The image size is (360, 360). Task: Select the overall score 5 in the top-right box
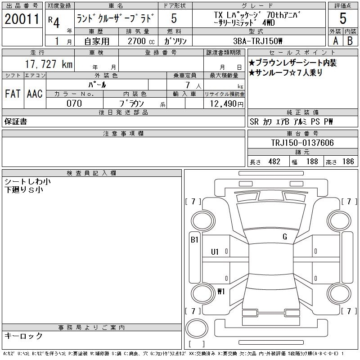pos(343,19)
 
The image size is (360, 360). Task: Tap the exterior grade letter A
pos(335,40)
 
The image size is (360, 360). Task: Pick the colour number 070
pos(74,103)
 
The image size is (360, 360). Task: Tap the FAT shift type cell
pos(13,94)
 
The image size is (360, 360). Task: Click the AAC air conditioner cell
pos(35,94)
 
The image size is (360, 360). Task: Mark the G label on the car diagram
pos(284,237)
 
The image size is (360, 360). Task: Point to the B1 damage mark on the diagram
pos(194,240)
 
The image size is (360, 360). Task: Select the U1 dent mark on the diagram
pos(215,252)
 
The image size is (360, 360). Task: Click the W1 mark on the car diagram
pos(220,291)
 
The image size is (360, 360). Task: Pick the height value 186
pos(347,162)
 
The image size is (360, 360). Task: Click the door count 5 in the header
pos(174,19)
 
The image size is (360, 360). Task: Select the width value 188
pos(311,162)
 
